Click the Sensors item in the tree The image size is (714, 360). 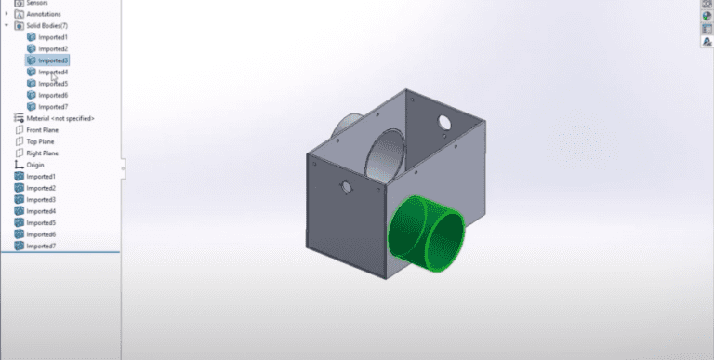coord(38,3)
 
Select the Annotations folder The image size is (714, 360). coord(44,14)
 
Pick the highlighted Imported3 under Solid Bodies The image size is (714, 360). coord(53,60)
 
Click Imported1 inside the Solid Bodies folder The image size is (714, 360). coord(53,37)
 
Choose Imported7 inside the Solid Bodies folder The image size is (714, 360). coord(53,107)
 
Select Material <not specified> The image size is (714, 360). coord(59,119)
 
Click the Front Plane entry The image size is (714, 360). coord(42,130)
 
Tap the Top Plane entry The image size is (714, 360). coord(40,141)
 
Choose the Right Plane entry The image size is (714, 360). coord(42,153)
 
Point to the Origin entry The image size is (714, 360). coord(35,165)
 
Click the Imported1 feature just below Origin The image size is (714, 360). coord(41,176)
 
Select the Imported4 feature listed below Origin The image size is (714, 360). coord(41,211)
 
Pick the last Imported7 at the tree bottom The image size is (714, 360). coord(41,246)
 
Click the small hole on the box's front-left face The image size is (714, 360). coord(347,187)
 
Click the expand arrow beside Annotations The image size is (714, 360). coord(7,14)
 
